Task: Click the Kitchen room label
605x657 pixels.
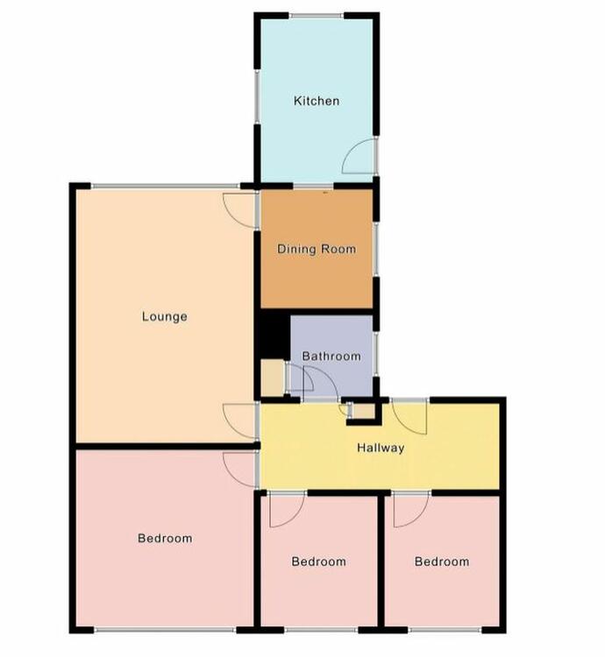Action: pyautogui.click(x=317, y=101)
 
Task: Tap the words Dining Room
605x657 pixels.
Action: pyautogui.click(x=317, y=249)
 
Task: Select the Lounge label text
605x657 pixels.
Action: pyautogui.click(x=164, y=316)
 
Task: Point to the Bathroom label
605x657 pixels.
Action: pyautogui.click(x=331, y=357)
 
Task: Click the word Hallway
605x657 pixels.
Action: pyautogui.click(x=381, y=448)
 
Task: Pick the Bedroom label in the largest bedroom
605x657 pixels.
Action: pyautogui.click(x=165, y=538)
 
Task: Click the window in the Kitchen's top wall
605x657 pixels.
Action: pyautogui.click(x=317, y=16)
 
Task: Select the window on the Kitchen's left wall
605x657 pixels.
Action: pyautogui.click(x=257, y=96)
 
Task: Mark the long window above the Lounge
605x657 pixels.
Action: pyautogui.click(x=166, y=186)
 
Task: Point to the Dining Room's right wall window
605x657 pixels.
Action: pyautogui.click(x=376, y=250)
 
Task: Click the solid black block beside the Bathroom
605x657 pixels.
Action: pyautogui.click(x=273, y=336)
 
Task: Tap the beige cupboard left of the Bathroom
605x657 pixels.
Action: pyautogui.click(x=273, y=378)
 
